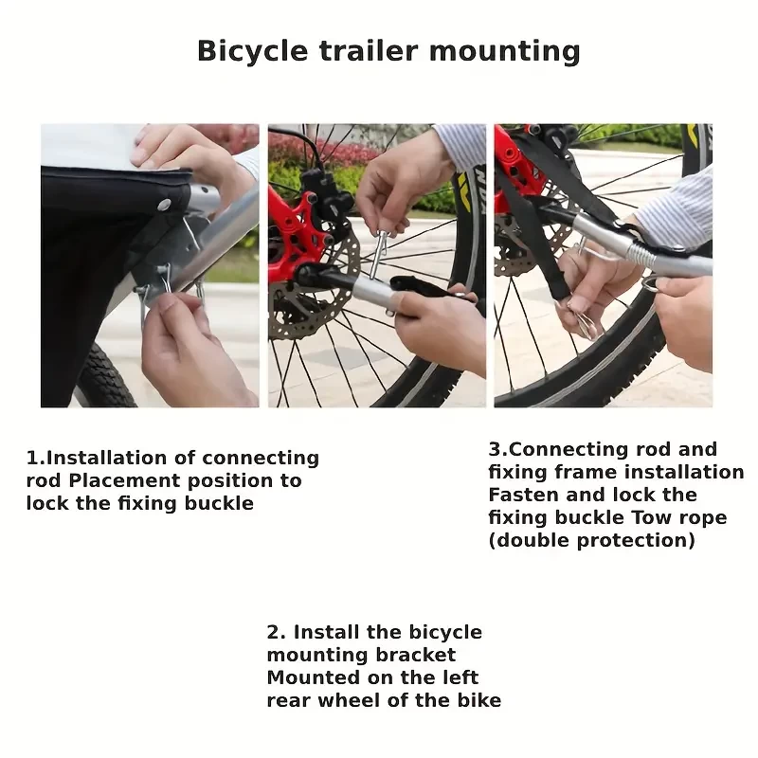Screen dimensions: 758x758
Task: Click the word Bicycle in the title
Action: point(252,52)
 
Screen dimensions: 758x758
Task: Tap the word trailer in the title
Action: point(369,51)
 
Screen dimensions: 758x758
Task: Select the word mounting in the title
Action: point(505,52)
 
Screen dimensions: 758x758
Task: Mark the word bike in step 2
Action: point(479,700)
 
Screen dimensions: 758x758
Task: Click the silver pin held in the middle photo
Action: point(377,254)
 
